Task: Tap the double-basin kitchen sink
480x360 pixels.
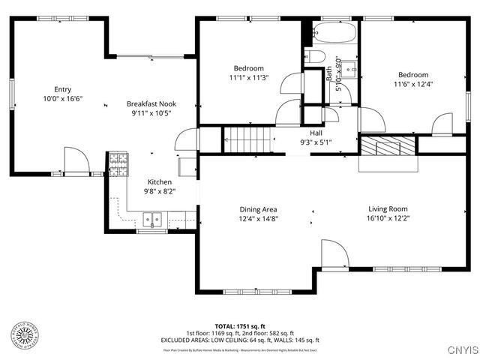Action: coord(152,220)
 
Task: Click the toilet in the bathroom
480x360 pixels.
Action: coord(316,57)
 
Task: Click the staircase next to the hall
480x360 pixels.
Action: coord(247,139)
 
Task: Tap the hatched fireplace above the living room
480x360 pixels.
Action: coord(388,145)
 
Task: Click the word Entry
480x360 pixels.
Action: coord(62,88)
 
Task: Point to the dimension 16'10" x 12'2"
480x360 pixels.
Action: coord(387,219)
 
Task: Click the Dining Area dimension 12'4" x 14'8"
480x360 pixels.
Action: coord(258,219)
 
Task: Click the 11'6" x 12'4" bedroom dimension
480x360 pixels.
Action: coord(413,85)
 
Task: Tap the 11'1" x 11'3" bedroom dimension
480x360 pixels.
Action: coord(247,77)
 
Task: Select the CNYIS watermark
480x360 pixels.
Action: coord(462,349)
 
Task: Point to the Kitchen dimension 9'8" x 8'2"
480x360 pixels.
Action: coord(159,191)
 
